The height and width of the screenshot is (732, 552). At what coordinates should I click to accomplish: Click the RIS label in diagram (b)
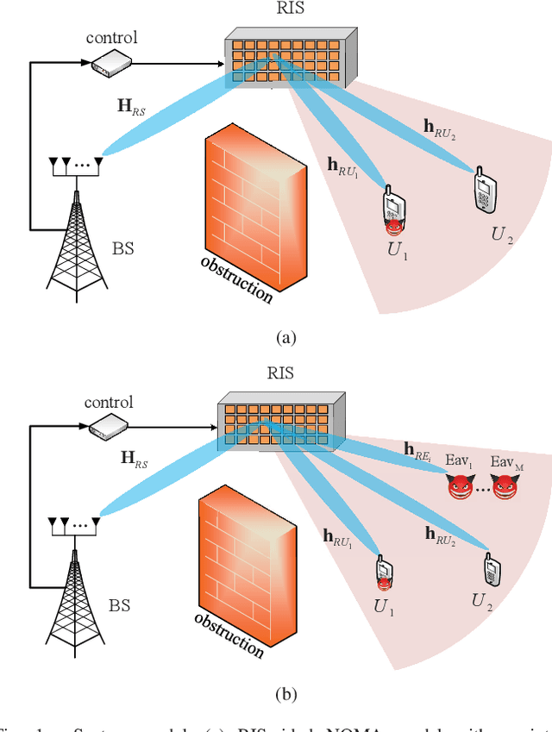click(281, 373)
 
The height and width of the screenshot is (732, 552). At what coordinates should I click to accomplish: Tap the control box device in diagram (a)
click(109, 62)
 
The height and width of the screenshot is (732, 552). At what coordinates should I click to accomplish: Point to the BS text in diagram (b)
click(121, 605)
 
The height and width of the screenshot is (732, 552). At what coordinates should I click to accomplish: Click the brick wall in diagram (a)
click(253, 194)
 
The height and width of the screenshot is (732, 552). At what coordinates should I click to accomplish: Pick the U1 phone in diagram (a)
click(394, 207)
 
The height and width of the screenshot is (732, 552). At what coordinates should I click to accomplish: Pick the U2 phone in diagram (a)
click(485, 189)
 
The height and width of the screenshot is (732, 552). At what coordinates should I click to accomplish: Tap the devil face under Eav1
click(461, 489)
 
